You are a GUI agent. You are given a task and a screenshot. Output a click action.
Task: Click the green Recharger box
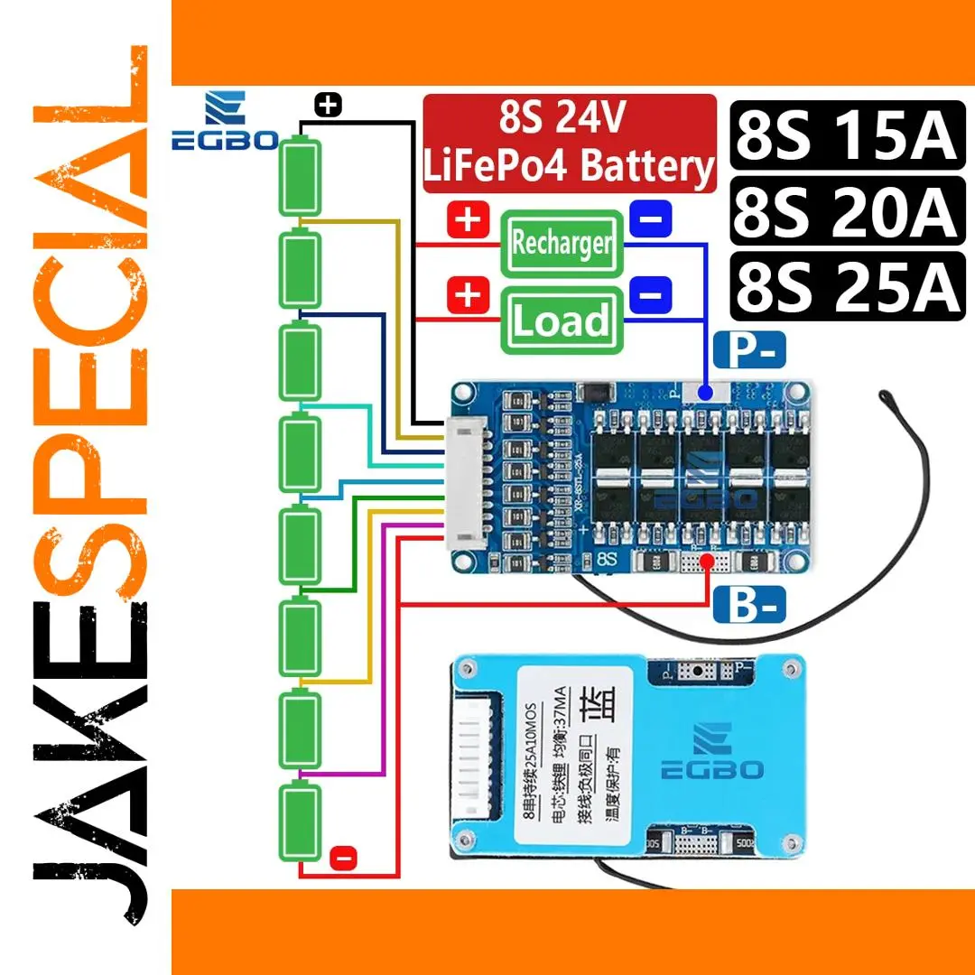point(562,243)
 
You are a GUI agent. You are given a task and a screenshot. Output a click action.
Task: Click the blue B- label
point(749,605)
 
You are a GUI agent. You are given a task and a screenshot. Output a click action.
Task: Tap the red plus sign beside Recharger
point(468,220)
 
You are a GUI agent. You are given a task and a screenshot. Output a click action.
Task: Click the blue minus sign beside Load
point(655,294)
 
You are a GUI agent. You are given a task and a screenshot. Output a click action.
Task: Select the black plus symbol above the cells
point(329,106)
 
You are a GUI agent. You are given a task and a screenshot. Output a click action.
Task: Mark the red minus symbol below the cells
point(344,858)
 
